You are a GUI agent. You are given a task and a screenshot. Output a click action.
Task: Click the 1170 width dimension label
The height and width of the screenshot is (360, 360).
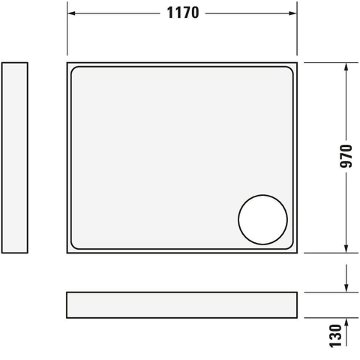[183, 13]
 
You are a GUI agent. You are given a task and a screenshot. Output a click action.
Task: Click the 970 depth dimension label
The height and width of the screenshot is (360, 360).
[346, 156]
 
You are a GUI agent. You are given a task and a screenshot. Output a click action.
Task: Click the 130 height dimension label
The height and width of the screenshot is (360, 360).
[335, 336]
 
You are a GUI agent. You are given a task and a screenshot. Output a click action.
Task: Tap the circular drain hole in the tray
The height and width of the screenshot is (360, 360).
[262, 220]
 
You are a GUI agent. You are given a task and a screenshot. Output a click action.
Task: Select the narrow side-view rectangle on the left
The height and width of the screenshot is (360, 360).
[15, 157]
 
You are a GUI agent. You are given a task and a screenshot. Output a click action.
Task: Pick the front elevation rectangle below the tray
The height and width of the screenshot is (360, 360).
[181, 305]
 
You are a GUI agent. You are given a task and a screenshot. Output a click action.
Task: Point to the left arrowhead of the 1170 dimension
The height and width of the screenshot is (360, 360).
[71, 13]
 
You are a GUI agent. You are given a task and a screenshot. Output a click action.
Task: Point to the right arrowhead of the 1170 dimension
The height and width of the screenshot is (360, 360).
[292, 13]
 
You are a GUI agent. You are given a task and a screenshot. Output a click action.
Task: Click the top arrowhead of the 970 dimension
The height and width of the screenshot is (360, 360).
[346, 67]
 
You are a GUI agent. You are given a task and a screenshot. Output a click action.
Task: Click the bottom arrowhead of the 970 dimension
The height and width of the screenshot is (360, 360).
[346, 249]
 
